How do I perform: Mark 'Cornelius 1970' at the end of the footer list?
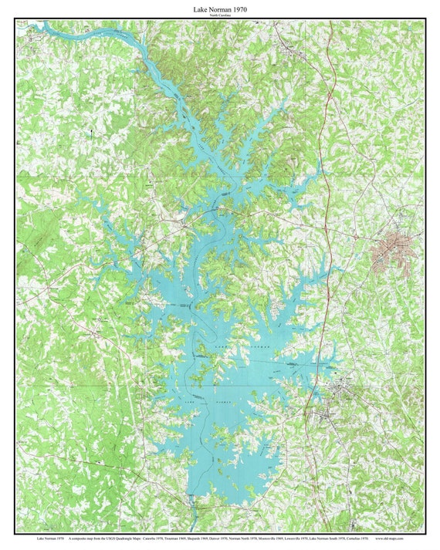click(357, 538)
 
